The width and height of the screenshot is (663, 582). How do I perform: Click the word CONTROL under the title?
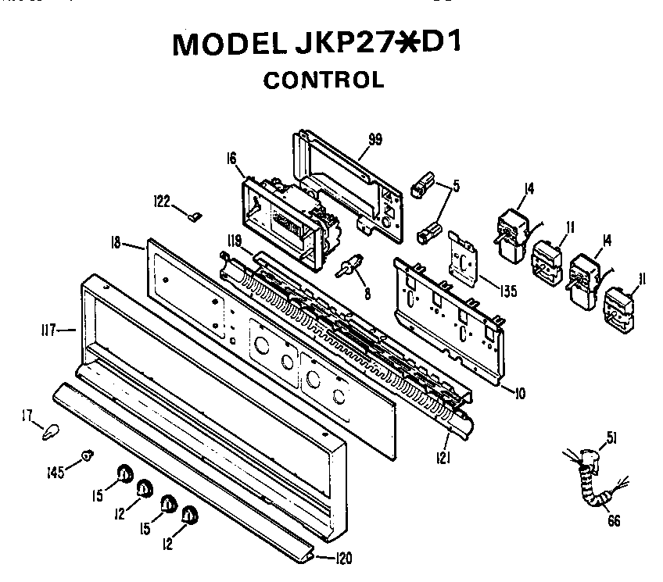click(323, 80)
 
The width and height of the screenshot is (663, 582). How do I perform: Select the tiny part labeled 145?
click(88, 454)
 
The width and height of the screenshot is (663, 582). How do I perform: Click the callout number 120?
click(344, 558)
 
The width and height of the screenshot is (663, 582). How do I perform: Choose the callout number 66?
click(614, 521)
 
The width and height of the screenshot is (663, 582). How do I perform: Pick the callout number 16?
click(231, 159)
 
